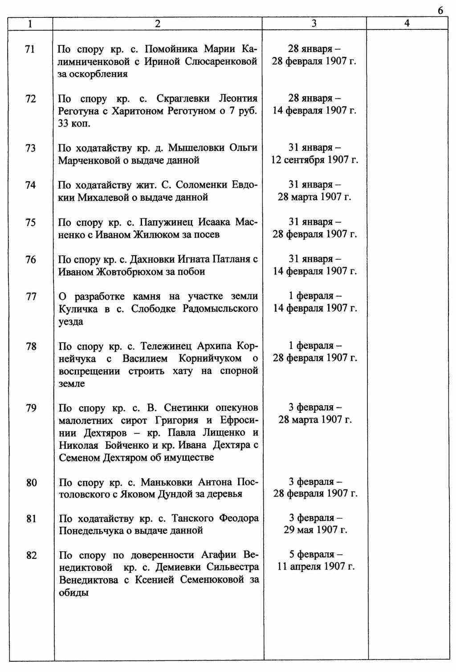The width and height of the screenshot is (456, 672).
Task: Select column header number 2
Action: click(157, 24)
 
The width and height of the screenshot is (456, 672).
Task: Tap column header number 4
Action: click(407, 24)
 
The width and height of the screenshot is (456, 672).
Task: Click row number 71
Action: click(30, 49)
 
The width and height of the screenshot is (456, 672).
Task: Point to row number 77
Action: click(31, 296)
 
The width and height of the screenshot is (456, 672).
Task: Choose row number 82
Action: click(31, 555)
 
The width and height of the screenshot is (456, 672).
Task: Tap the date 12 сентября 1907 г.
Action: click(314, 160)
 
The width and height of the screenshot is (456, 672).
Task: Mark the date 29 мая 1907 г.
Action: click(315, 530)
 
